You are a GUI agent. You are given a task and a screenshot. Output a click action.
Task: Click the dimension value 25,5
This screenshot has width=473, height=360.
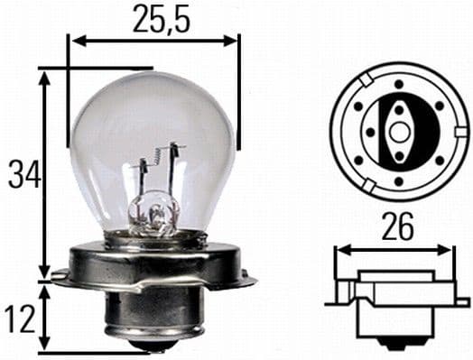coord(154,17)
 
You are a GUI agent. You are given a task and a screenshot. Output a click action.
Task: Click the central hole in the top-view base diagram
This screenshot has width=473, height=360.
coord(398,131)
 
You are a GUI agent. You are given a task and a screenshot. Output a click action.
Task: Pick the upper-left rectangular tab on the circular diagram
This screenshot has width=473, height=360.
coord(361,80)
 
